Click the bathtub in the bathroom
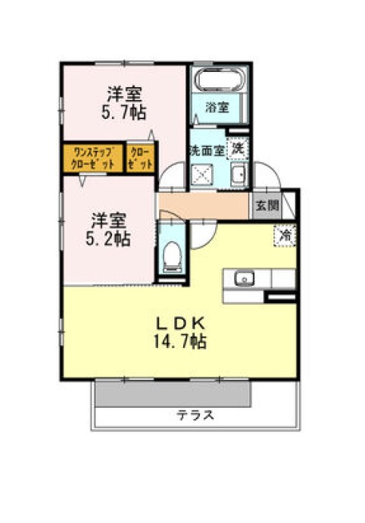point(220,80)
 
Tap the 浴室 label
point(217,108)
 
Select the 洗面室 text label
point(207,151)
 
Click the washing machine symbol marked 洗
point(238,148)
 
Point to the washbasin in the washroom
point(239,174)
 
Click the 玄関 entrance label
point(267,205)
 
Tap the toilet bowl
point(173,256)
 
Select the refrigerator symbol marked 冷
point(285,236)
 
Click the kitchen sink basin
point(244,278)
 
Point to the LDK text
point(180,323)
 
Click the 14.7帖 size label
point(179,342)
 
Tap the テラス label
point(195,415)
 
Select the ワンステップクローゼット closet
point(93,158)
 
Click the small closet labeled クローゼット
point(141,158)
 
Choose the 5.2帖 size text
point(108,240)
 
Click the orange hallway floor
point(204,205)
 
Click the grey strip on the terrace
point(173,393)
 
